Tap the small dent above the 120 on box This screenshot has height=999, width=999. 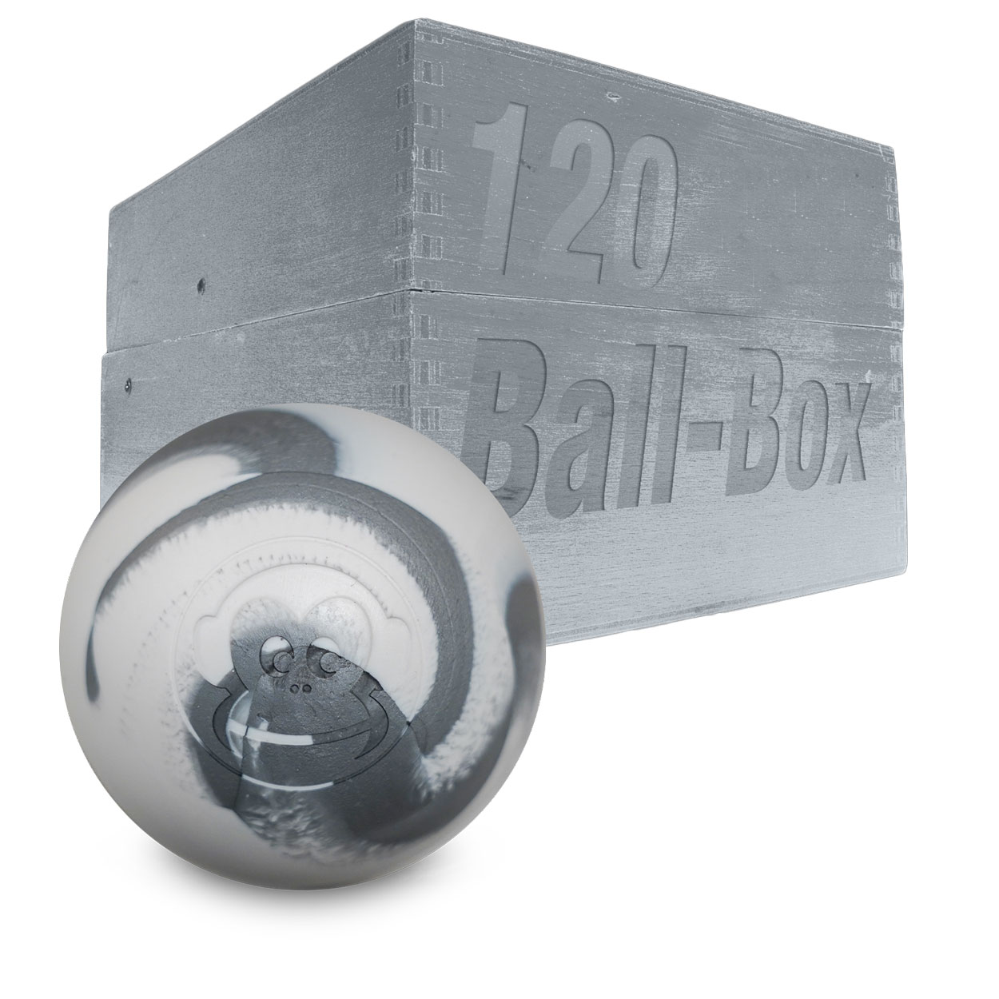[614, 98]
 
